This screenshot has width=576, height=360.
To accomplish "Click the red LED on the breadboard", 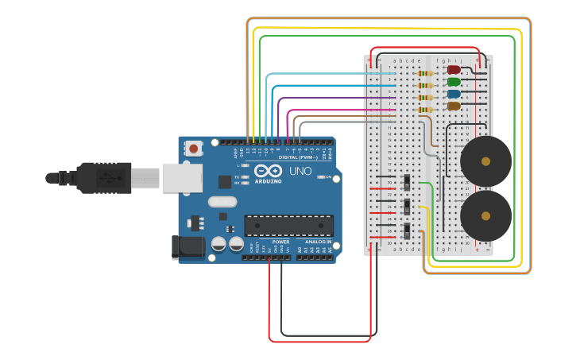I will [x=454, y=70].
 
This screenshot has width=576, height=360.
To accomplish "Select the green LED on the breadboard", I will [x=454, y=82].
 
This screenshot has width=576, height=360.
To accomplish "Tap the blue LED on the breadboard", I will [x=454, y=94].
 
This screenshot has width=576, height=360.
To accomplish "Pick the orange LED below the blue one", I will [x=454, y=106].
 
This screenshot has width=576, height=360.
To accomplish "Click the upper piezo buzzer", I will [x=485, y=161].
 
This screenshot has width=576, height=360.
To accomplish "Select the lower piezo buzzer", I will [x=485, y=215].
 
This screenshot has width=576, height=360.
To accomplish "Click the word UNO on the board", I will [x=300, y=171].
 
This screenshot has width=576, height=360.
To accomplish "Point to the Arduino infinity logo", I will [x=269, y=171].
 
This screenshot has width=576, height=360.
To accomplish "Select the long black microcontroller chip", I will [x=288, y=226].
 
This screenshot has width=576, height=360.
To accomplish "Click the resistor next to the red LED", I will [x=425, y=74].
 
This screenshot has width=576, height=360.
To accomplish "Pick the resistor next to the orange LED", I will [x=425, y=110].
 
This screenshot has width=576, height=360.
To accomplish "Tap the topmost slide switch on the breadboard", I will [x=407, y=182].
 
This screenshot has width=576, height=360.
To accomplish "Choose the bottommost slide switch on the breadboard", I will [x=407, y=231].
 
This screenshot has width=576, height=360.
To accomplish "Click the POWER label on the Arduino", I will [x=280, y=242].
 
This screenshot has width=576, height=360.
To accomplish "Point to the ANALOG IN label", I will [x=318, y=242].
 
